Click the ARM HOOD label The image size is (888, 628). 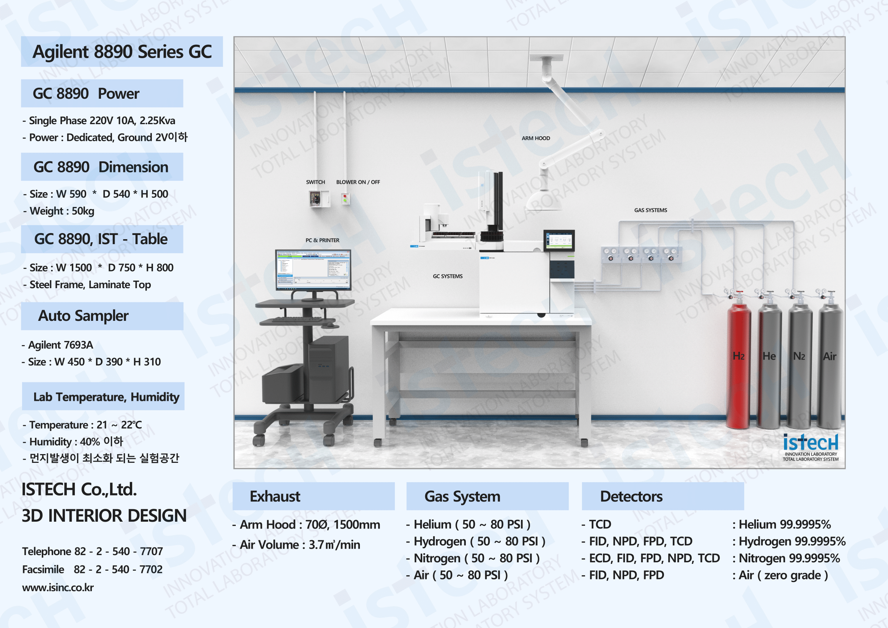coord(536,138)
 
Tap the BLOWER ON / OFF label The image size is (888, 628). coord(358,182)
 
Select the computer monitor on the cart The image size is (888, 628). coord(313,269)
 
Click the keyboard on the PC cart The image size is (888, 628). coord(297,320)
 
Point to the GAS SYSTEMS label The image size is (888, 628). coord(651,210)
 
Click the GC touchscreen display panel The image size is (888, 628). coord(559,240)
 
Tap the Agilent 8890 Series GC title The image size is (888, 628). coord(122,52)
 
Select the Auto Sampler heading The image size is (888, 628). coord(83,316)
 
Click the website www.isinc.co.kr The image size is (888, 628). coord(58,587)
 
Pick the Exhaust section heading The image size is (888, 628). coord(274,497)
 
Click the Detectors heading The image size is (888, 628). coord(631,497)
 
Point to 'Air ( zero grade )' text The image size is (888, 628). coord(783,575)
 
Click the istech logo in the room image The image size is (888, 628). coord(811,447)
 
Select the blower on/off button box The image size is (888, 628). coord(345,199)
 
